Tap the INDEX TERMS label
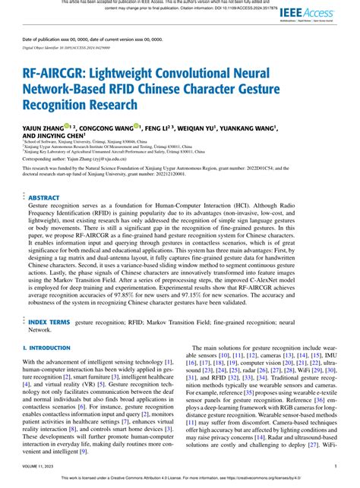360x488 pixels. (x=49, y=322)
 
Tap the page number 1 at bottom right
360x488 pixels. (x=336, y=467)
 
